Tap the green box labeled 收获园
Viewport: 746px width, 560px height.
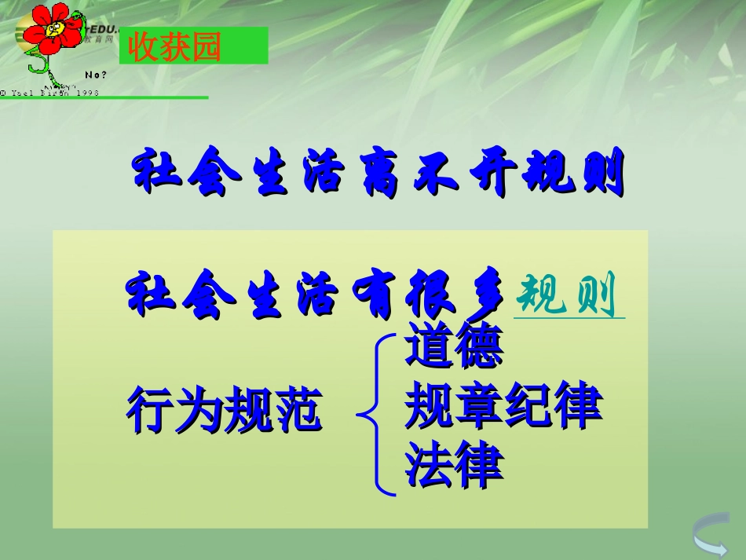193,46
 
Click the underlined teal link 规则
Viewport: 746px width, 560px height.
569,296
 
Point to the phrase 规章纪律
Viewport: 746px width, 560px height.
503,406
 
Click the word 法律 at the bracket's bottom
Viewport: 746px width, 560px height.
454,464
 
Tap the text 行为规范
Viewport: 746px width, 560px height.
223,411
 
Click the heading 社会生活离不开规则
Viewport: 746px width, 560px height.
379,171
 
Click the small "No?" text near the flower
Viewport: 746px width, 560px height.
96,75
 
